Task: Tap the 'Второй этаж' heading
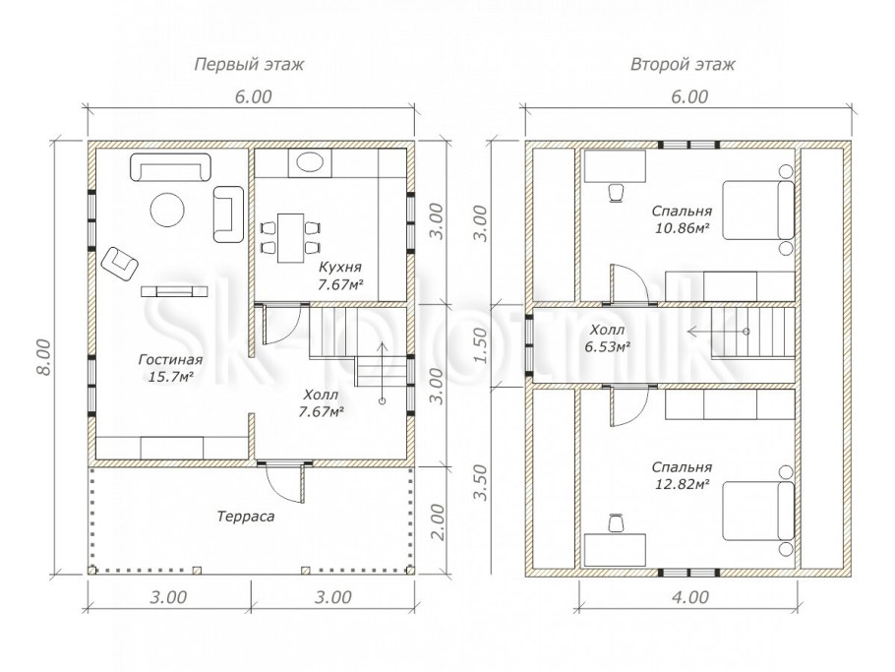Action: tap(683, 64)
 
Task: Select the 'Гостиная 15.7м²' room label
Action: tap(170, 368)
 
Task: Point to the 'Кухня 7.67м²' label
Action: tap(340, 275)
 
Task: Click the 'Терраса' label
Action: tap(246, 517)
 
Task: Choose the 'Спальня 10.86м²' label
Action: tap(682, 219)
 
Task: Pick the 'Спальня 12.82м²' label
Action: tap(682, 475)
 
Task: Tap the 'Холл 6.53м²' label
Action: tap(609, 338)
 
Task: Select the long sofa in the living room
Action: tap(171, 167)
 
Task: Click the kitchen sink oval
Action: tap(310, 162)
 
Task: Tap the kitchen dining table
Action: tap(290, 237)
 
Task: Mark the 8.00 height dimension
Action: tap(44, 357)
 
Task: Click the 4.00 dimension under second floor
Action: tap(689, 597)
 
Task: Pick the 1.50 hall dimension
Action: tap(481, 345)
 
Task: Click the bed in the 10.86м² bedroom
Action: tap(758, 210)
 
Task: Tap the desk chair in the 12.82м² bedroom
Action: tap(616, 522)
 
